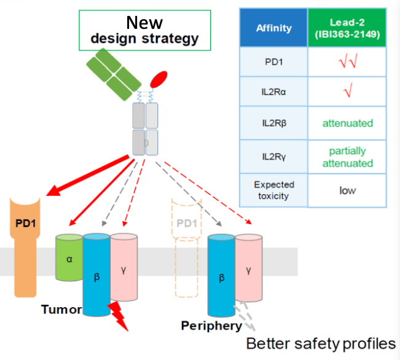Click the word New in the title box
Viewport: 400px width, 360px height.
coord(144,23)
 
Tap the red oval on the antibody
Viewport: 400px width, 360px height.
coord(159,80)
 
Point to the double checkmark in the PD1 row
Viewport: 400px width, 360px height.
coord(347,62)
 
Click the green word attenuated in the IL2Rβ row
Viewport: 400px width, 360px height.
coord(347,123)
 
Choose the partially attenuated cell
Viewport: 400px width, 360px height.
coord(347,157)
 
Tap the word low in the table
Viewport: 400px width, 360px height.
coord(347,190)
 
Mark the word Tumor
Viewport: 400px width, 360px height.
coord(61,308)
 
